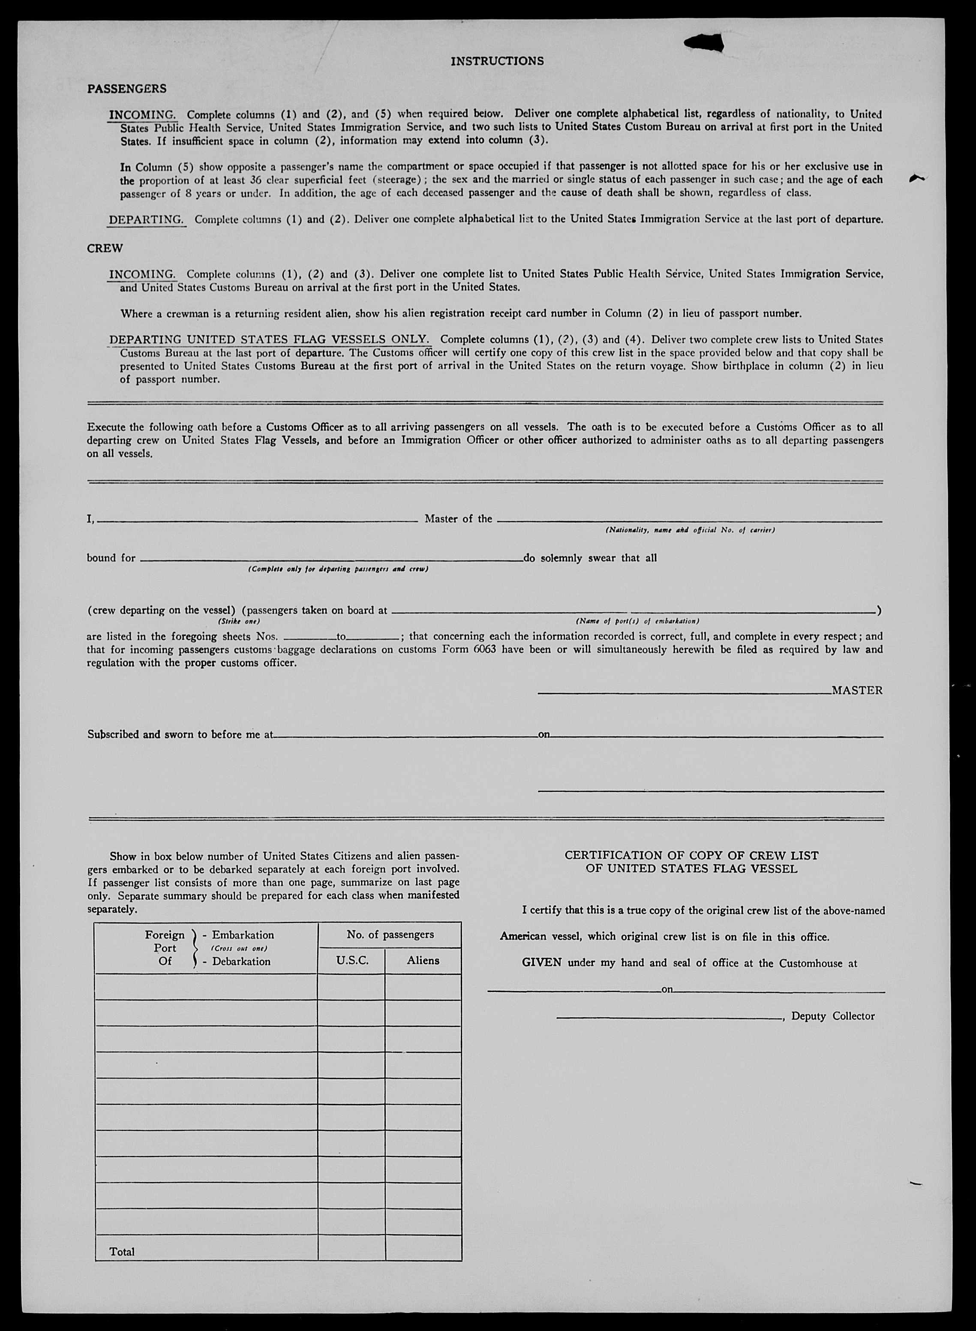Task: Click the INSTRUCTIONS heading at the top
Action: (497, 61)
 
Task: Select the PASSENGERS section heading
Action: (126, 89)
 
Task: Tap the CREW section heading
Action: (105, 248)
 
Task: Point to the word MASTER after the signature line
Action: (857, 690)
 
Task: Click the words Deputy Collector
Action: (832, 1016)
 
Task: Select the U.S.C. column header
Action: (351, 960)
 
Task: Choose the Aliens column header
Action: (423, 960)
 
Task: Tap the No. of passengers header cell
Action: (390, 934)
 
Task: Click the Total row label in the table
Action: (122, 1251)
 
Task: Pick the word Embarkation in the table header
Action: (243, 934)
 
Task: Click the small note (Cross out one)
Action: (239, 948)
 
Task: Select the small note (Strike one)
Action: (239, 622)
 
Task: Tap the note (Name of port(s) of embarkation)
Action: (637, 622)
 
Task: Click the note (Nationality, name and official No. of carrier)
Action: (690, 530)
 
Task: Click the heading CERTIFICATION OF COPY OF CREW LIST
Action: (691, 855)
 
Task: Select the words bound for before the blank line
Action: (111, 558)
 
